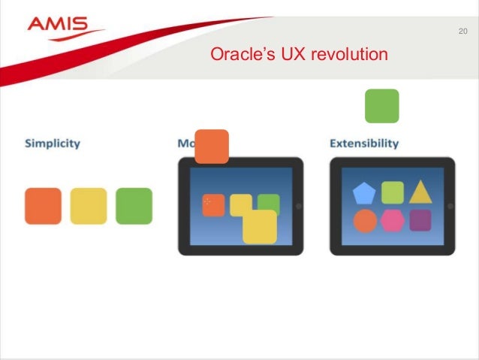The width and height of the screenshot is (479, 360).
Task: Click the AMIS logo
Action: pos(66,27)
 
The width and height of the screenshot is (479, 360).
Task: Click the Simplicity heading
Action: pos(53,143)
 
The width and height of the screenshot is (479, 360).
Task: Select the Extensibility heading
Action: pos(364,143)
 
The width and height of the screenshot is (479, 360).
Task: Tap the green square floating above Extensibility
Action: pos(381,106)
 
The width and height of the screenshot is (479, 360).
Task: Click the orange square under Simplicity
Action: pos(43,206)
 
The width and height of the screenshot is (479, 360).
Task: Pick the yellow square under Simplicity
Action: pos(89,206)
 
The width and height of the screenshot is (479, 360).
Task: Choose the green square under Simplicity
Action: pos(134,206)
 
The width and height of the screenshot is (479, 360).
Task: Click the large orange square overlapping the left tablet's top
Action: pos(211,146)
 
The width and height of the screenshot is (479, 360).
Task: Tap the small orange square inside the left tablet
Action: pos(213,204)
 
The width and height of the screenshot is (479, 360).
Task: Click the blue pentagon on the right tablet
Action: pos(365,193)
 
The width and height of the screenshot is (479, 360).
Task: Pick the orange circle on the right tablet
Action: pos(365,221)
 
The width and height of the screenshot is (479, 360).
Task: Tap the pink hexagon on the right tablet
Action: pos(392,221)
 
